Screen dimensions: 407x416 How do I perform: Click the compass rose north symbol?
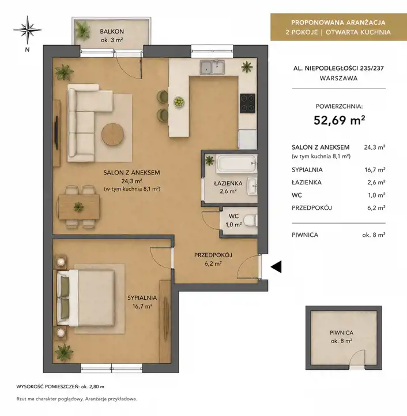pos(27,29)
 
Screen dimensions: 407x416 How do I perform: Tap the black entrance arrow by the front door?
pos(276,266)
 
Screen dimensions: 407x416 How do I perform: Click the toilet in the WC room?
pos(250,221)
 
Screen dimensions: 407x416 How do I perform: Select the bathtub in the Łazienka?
pos(236,164)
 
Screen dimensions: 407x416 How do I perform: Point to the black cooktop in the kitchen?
pos(247,103)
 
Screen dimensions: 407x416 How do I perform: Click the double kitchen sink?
pos(213,66)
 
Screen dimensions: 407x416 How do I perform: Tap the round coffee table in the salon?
pos(113,134)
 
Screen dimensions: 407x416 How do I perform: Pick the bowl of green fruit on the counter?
pos(179,102)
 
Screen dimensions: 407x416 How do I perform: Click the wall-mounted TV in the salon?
pos(56,132)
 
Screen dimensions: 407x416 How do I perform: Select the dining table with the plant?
pos(79,207)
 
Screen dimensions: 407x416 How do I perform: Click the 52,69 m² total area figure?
pos(339,120)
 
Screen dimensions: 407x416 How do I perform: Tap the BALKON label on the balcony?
pos(112,31)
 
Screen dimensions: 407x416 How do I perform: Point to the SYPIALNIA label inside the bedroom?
pos(142,298)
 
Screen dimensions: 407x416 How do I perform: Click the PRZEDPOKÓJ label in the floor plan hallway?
pos(213,255)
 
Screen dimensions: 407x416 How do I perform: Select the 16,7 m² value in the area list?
pos(375,169)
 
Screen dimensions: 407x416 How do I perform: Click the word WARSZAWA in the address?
pos(338,78)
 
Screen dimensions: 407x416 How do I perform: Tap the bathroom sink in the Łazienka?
pos(253,186)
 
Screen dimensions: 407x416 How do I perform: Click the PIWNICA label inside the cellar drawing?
pos(341,332)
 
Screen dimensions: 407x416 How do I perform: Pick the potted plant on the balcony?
pos(82,29)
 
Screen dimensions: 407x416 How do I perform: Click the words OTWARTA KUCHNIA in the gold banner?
pos(358,32)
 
